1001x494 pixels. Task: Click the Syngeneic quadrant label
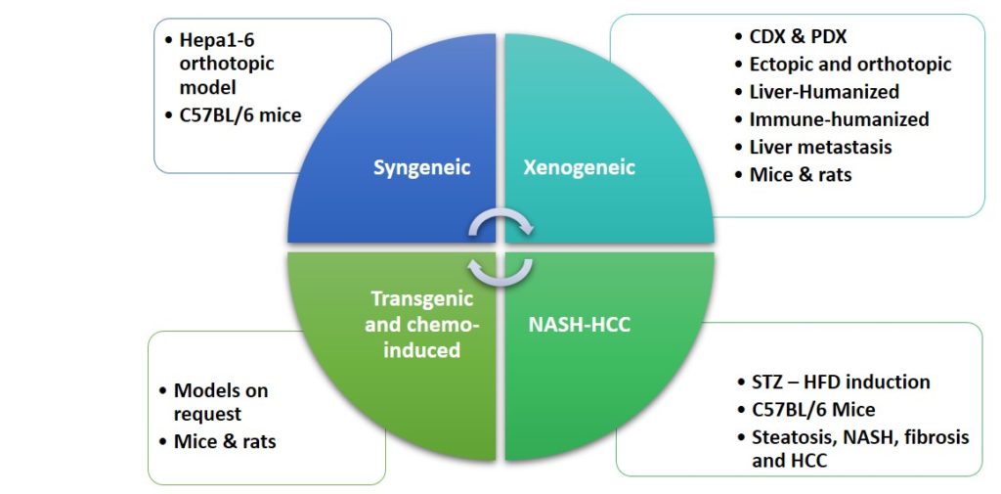coord(421,167)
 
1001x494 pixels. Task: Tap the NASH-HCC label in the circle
coord(581,324)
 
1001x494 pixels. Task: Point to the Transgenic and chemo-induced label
coord(421,324)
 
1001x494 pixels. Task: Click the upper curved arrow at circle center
coord(500,226)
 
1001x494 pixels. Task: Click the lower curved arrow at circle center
coord(500,269)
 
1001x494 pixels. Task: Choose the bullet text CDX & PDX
coord(799,36)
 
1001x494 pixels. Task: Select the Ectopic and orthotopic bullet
coord(849,64)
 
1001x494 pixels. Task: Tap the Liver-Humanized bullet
coord(824,91)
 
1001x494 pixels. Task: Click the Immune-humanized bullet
coord(838,119)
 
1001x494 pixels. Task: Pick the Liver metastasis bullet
coord(820,147)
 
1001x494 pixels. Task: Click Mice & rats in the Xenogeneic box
coord(800,175)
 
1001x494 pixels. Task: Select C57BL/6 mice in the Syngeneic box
coord(240,115)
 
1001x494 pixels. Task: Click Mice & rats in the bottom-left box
coord(224,442)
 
